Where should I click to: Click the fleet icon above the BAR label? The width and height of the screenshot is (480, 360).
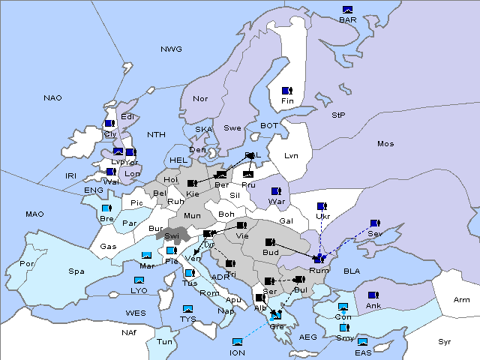(347, 10)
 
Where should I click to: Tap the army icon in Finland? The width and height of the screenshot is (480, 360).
(286, 91)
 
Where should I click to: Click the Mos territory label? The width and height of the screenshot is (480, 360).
(385, 143)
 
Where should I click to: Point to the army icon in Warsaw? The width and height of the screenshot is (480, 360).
(276, 191)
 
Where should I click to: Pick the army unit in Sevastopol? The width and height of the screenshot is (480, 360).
(374, 223)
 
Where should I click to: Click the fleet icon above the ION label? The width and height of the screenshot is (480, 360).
(238, 342)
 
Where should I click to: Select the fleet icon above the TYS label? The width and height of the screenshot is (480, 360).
(187, 309)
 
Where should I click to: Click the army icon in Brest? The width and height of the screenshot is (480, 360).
(106, 208)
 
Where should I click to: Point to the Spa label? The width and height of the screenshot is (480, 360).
(76, 271)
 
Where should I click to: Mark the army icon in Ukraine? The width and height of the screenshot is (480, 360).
(322, 206)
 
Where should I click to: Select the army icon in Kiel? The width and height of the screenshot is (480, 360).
(193, 183)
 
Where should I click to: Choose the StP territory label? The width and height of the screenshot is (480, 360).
(338, 115)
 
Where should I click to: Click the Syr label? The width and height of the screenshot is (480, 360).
(445, 341)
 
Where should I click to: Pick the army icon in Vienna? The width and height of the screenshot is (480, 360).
(241, 225)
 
